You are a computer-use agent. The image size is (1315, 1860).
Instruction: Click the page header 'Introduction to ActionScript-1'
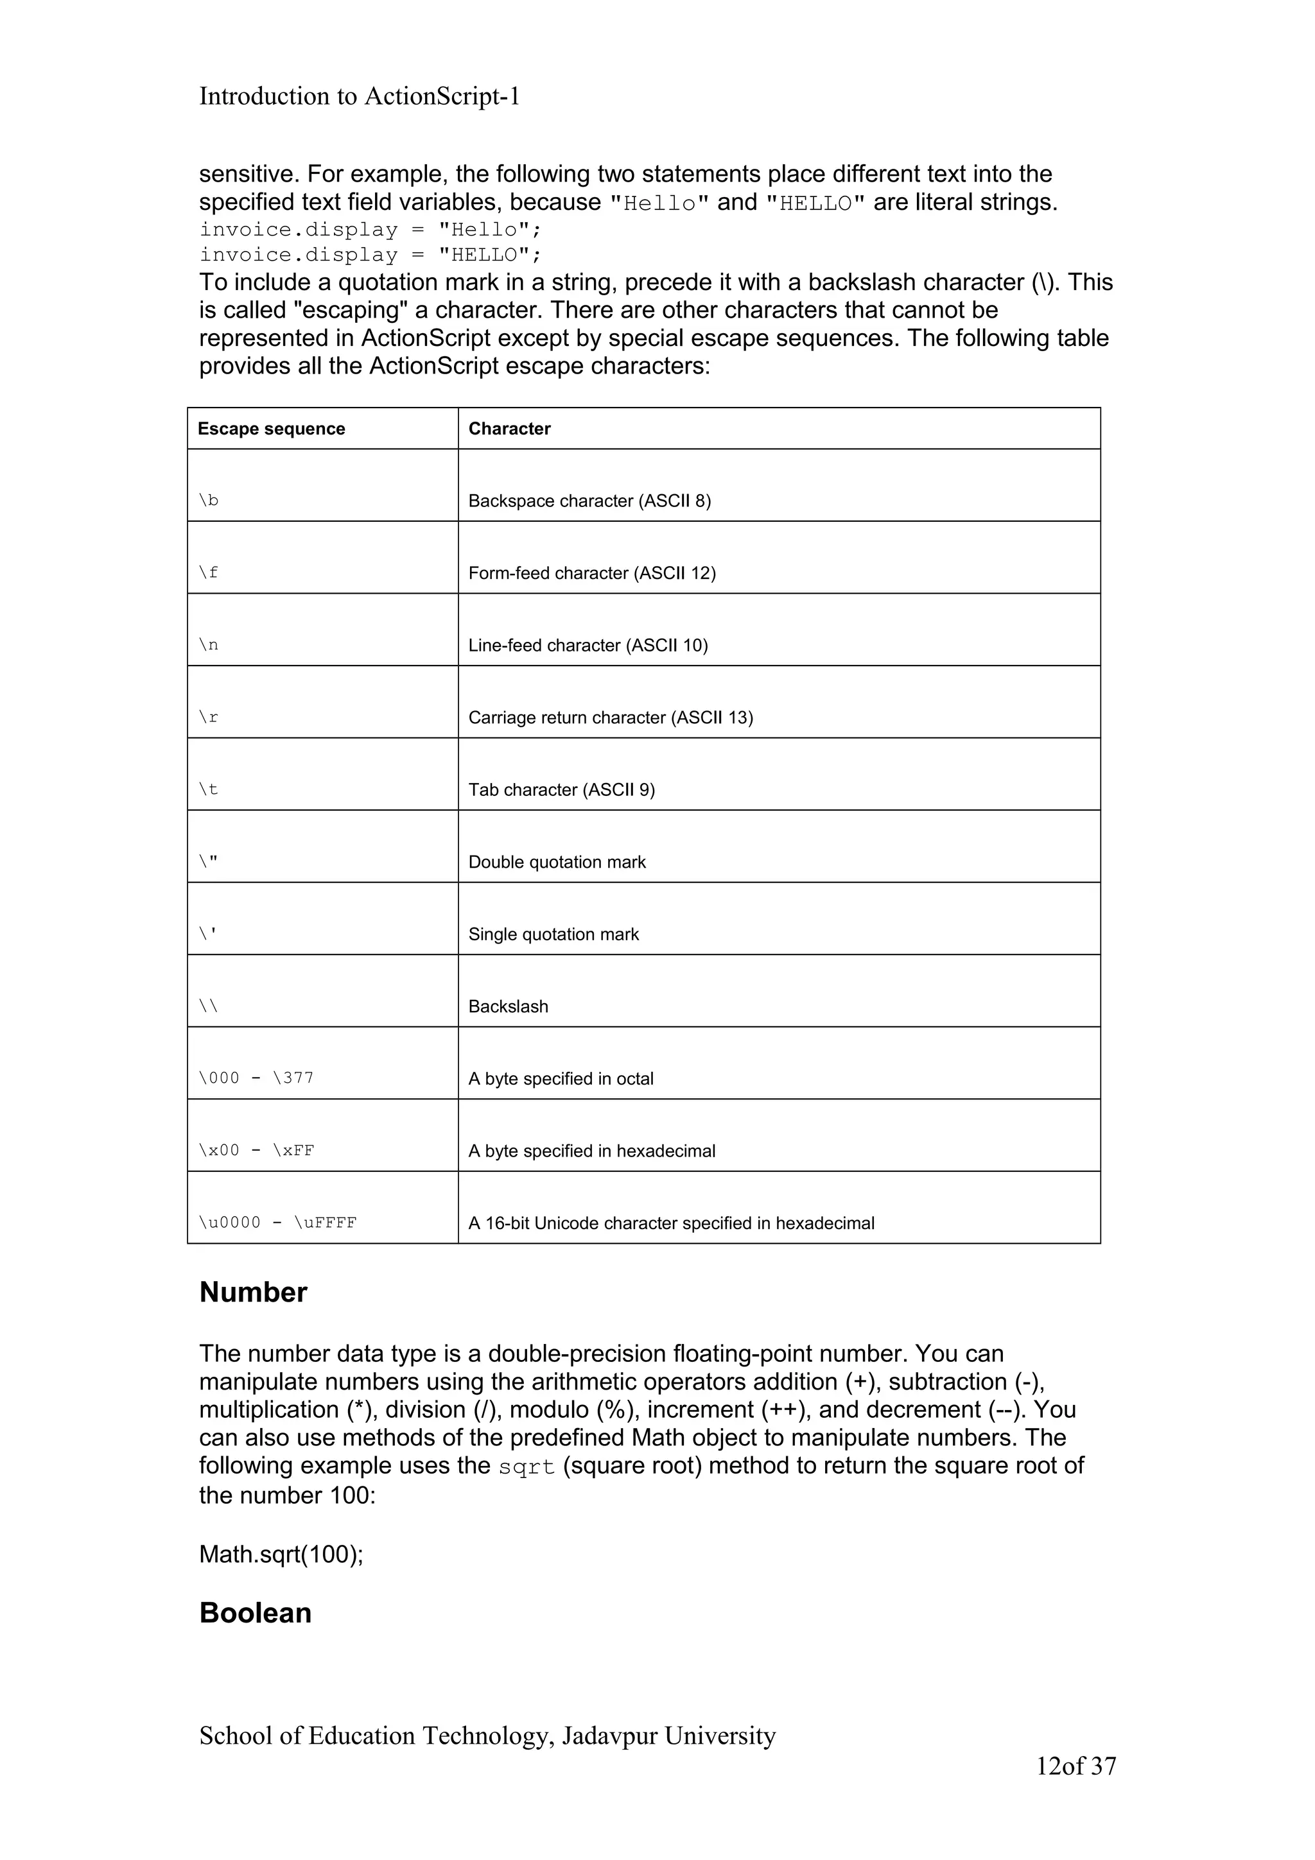click(x=359, y=96)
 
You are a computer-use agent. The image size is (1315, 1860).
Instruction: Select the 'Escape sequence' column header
click(x=272, y=429)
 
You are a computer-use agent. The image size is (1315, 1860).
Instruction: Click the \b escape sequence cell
click(x=209, y=500)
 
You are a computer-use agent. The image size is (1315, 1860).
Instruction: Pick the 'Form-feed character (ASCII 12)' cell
click(x=591, y=573)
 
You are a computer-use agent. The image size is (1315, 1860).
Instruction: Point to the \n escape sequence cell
click(x=209, y=645)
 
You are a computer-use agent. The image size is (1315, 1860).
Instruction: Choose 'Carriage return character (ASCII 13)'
click(x=610, y=717)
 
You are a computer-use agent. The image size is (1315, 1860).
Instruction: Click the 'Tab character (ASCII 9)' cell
click(x=561, y=789)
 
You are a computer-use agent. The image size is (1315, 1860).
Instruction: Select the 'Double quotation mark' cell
click(x=557, y=862)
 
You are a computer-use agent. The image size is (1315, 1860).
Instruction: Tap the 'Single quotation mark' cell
click(x=553, y=934)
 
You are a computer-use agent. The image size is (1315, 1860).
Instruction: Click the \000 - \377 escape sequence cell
click(x=256, y=1078)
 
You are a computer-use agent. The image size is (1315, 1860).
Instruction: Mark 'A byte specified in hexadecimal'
click(x=591, y=1150)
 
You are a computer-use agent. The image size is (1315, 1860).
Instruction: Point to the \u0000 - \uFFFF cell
click(x=277, y=1223)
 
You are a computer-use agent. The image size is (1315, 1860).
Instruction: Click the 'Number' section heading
click(x=253, y=1292)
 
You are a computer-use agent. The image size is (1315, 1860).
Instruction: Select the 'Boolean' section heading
click(x=255, y=1612)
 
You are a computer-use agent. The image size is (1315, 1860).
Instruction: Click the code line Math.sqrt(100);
click(x=281, y=1554)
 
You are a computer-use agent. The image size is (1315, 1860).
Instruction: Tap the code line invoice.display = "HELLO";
click(x=370, y=255)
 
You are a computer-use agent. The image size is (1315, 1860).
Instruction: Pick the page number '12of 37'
click(x=1075, y=1766)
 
